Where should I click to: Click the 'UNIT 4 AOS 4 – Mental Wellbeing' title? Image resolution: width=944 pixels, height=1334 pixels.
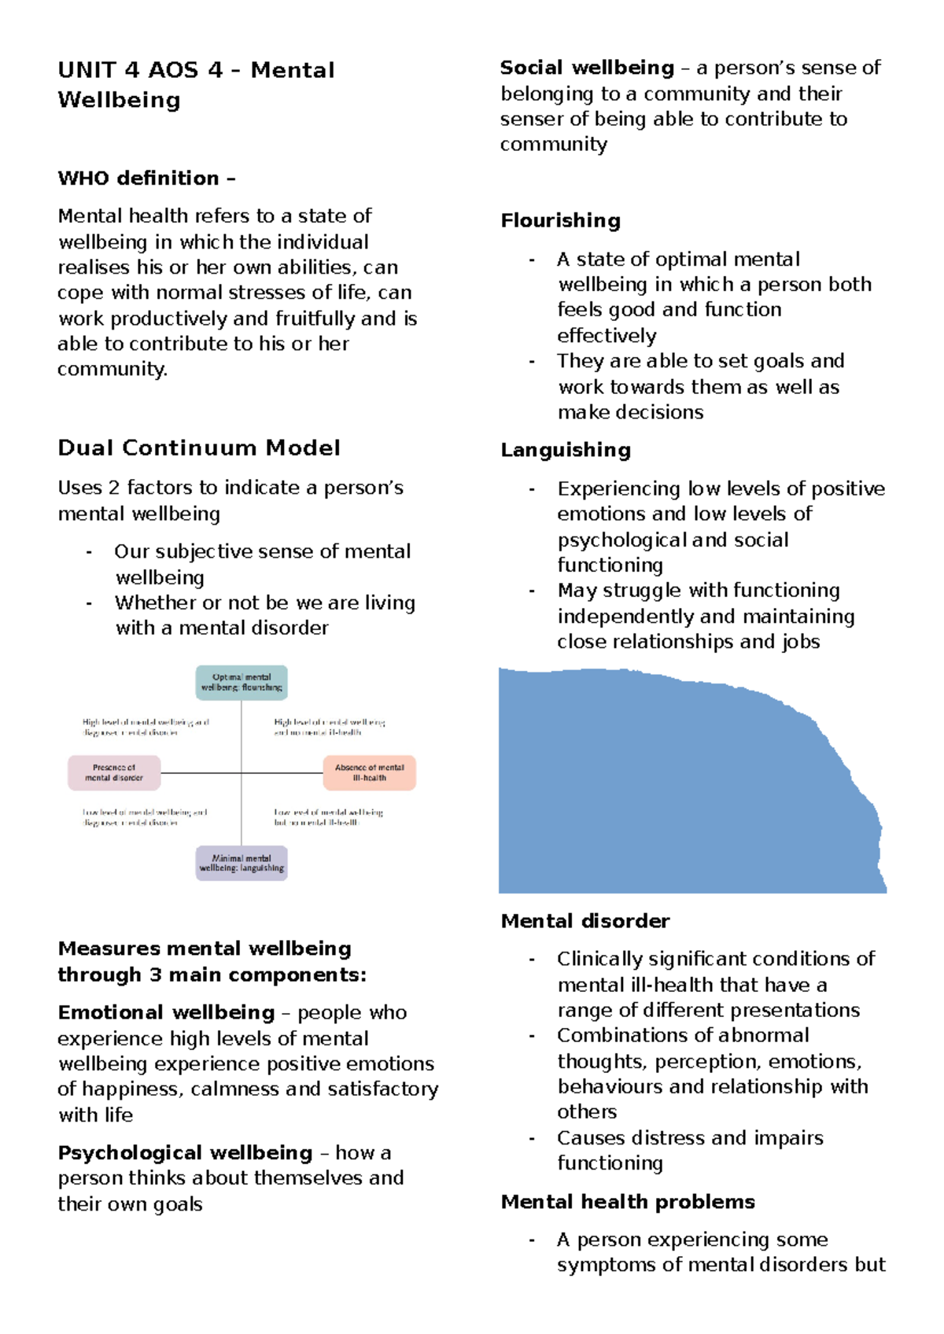click(196, 85)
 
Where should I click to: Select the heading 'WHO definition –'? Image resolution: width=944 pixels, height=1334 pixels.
click(146, 179)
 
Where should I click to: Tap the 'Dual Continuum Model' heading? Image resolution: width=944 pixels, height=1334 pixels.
click(199, 448)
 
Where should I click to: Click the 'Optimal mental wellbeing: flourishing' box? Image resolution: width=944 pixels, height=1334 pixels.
click(242, 683)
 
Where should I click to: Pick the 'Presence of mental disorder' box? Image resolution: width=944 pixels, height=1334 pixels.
click(114, 772)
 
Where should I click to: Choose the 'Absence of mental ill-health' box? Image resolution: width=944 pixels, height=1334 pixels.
click(369, 772)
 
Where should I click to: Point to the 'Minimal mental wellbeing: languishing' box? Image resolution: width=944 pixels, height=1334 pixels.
click(242, 863)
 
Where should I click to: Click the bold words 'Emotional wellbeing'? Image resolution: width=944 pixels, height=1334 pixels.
click(166, 1012)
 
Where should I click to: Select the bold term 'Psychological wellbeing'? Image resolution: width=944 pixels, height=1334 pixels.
click(185, 1153)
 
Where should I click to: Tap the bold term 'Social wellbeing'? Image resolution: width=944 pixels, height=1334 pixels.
click(587, 68)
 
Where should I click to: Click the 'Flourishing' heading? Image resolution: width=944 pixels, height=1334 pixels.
click(560, 221)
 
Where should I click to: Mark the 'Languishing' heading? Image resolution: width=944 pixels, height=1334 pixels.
click(566, 450)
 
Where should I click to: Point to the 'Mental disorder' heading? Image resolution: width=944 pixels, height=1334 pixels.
click(585, 921)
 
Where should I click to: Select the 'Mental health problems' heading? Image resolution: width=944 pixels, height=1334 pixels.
click(628, 1202)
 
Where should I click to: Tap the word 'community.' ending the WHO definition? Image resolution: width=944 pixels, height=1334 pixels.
click(112, 370)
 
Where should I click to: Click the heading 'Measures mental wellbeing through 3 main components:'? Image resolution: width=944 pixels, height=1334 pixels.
click(212, 961)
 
